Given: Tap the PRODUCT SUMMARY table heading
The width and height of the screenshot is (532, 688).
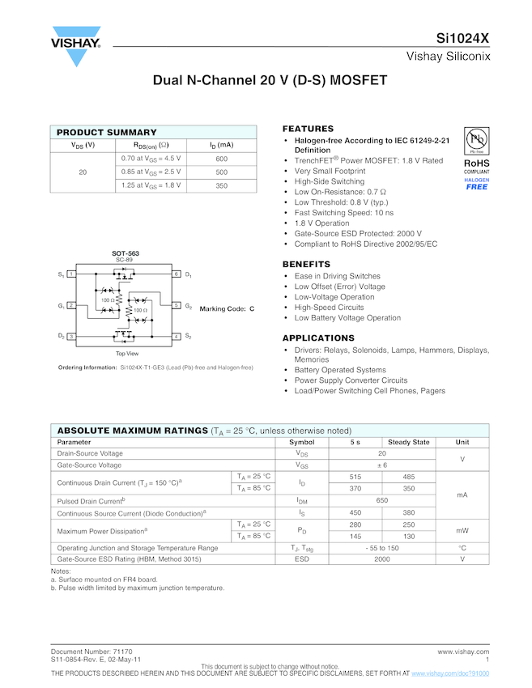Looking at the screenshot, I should [x=107, y=132].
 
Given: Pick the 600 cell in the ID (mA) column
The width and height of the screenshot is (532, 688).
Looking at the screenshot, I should [x=221, y=159].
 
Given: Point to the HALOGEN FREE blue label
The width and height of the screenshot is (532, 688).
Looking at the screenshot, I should [x=476, y=184].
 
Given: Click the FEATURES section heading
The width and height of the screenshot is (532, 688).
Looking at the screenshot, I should [x=308, y=129].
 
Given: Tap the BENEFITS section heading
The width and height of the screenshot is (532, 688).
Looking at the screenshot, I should [x=306, y=265].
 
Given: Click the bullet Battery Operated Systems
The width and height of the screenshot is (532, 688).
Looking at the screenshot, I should [x=339, y=370].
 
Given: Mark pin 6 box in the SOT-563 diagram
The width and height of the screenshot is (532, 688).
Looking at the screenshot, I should [x=176, y=274].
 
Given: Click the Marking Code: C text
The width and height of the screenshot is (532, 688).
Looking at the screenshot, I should [x=227, y=309].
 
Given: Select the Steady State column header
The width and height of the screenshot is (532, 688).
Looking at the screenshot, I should [x=409, y=442].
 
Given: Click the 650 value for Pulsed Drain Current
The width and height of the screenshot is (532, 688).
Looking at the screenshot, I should [x=381, y=501].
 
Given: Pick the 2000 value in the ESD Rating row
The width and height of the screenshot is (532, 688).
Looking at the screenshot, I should [x=381, y=559].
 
